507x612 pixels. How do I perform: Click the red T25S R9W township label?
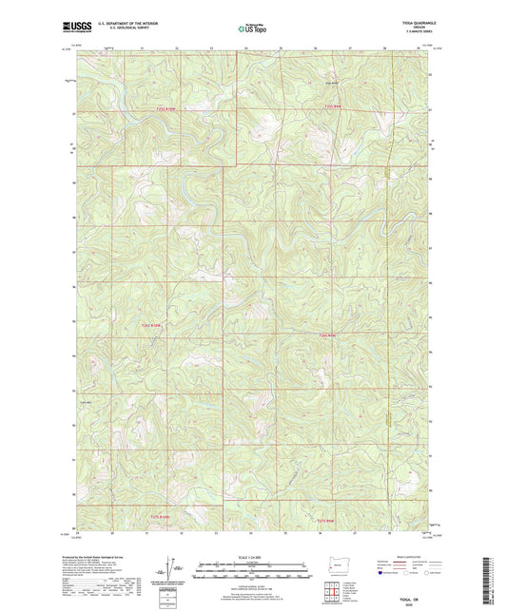(x=329, y=108)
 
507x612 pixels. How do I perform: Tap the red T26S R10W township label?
(x=166, y=325)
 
